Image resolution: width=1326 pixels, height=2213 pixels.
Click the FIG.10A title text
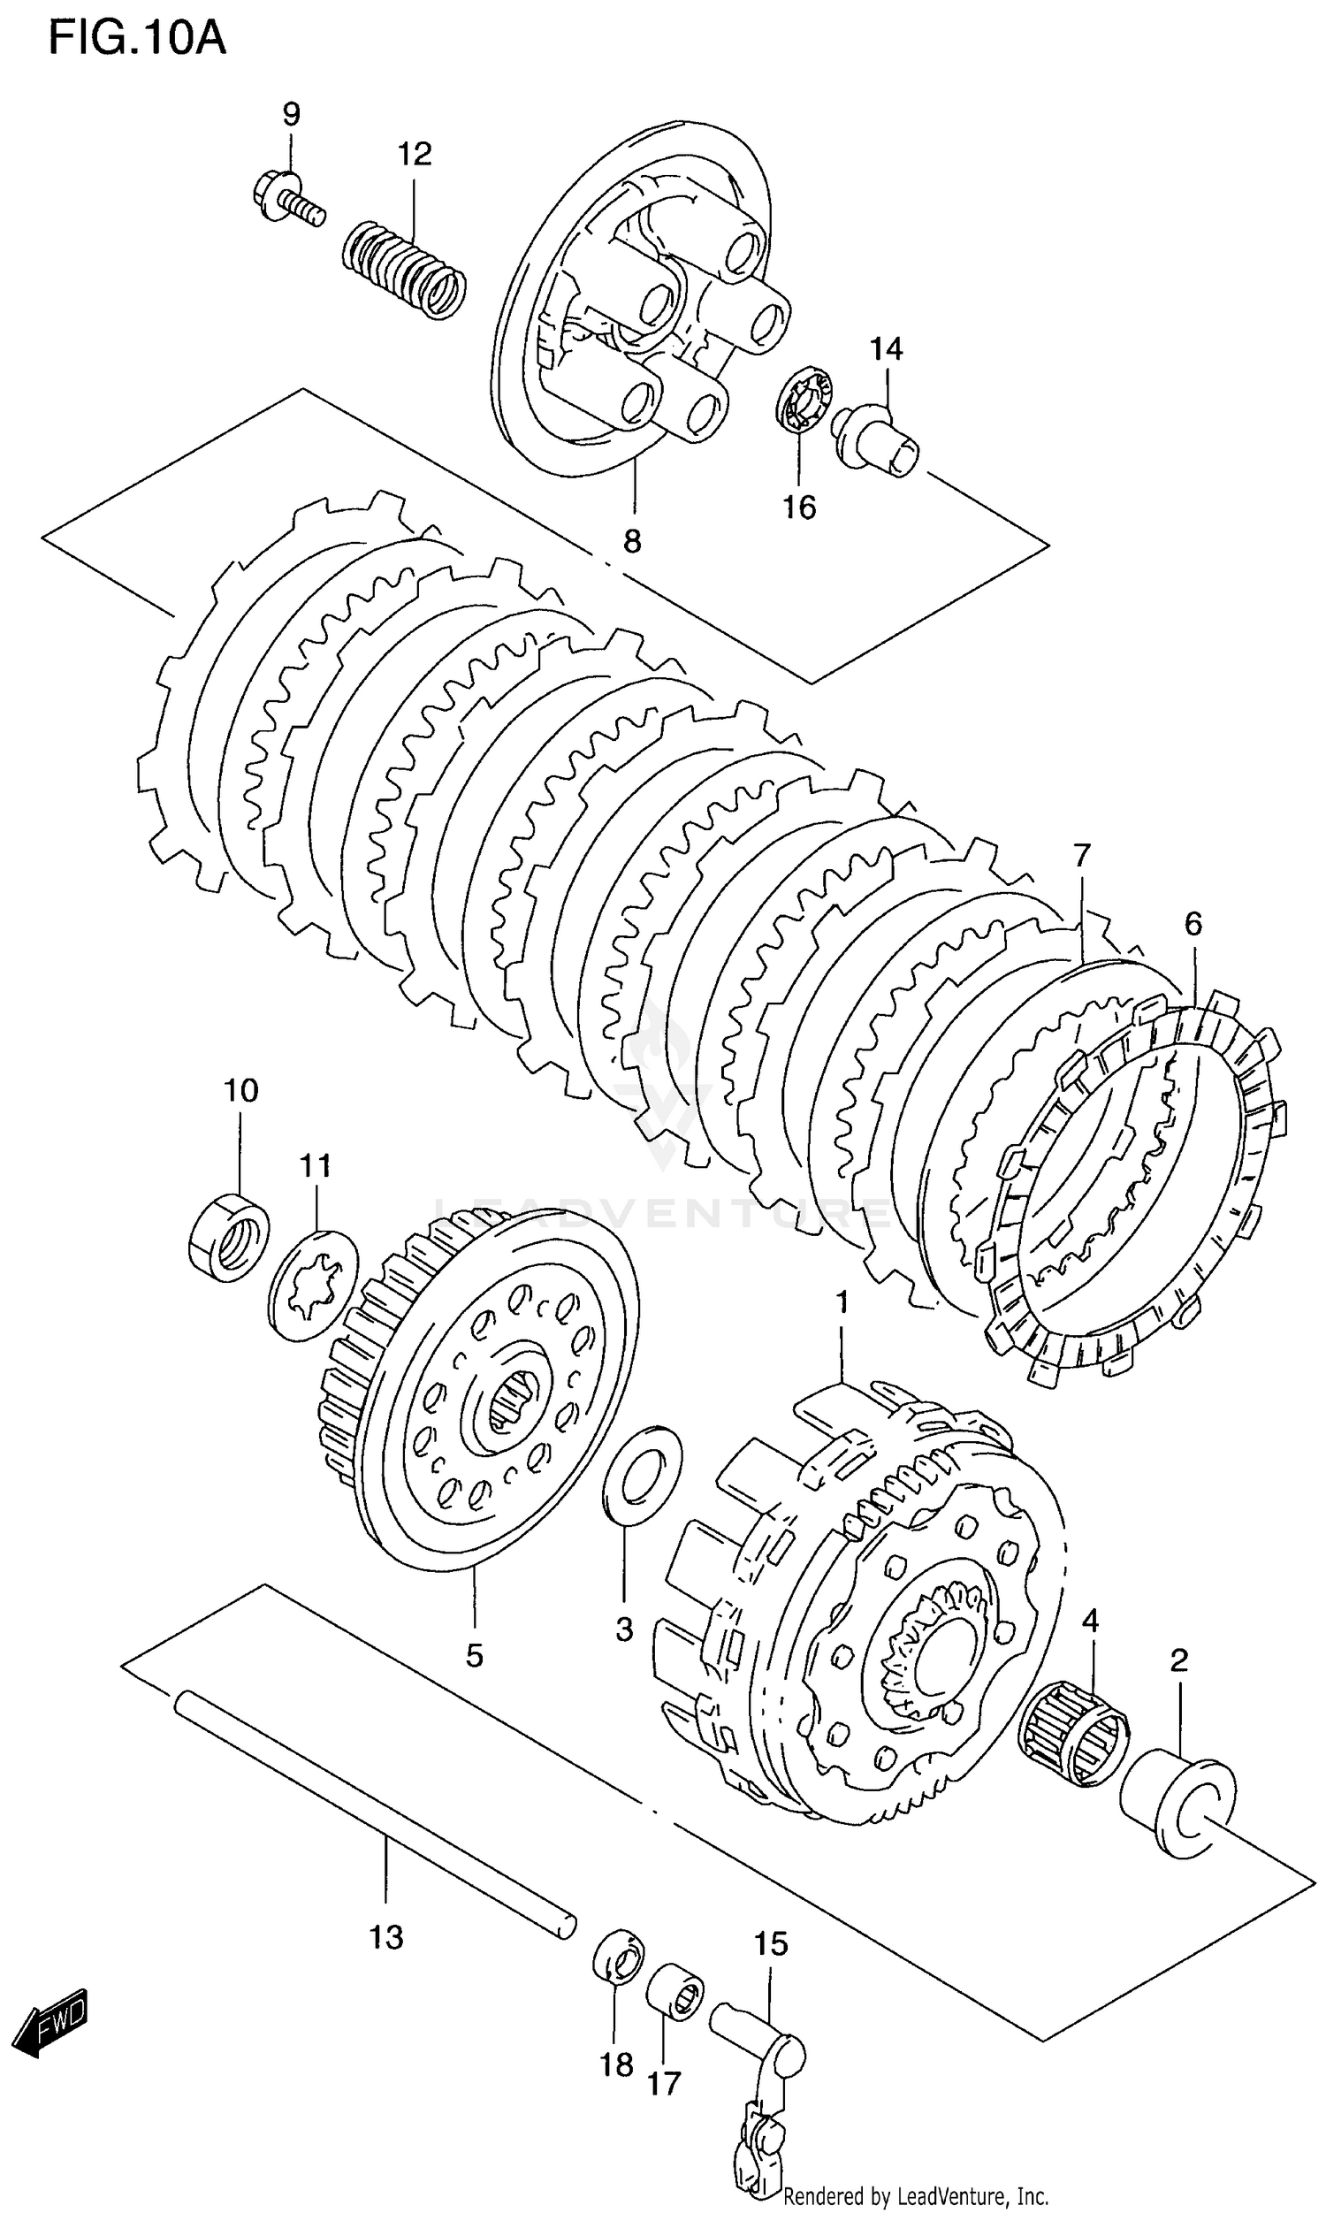[137, 39]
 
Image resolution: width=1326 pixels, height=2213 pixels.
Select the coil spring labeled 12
[405, 269]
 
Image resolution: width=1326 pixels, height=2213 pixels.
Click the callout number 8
[632, 541]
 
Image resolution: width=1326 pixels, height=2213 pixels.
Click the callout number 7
[1081, 856]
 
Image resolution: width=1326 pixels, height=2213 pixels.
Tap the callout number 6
[1193, 924]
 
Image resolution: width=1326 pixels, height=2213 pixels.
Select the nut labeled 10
[230, 1233]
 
